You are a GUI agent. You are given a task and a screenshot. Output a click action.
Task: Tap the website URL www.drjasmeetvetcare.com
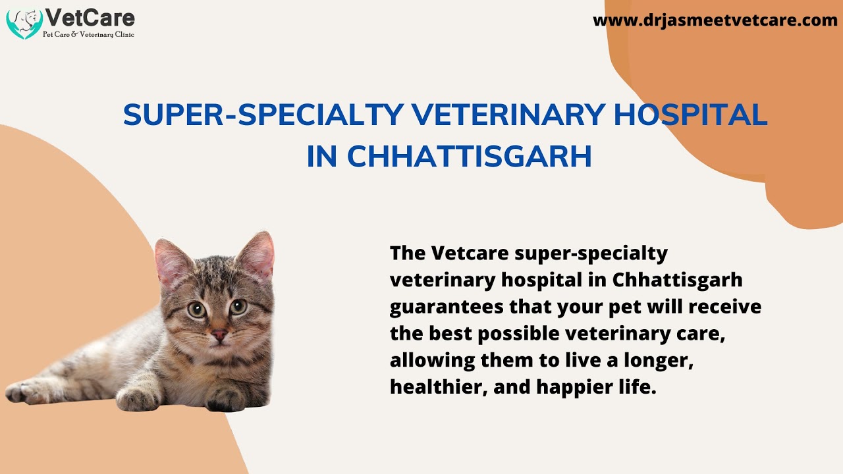tap(715, 20)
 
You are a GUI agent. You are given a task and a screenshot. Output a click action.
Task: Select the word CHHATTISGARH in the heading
tap(469, 157)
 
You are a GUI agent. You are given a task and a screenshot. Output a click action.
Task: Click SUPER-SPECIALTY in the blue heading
tap(263, 115)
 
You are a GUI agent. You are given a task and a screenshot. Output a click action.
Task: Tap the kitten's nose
tap(218, 334)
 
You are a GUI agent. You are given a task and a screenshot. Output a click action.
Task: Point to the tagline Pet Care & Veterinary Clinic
tap(88, 34)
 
